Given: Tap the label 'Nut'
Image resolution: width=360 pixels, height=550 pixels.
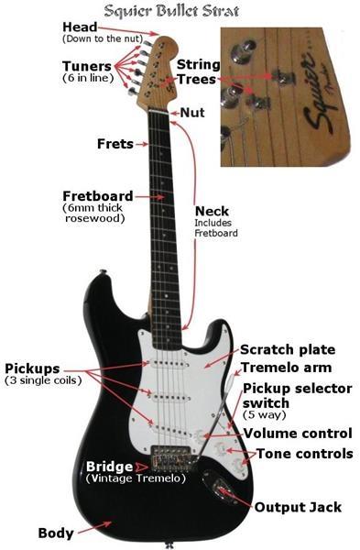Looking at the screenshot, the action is [192, 113].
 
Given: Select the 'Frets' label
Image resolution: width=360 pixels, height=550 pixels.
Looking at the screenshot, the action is [115, 144].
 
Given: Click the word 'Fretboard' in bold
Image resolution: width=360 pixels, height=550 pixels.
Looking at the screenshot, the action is [98, 196].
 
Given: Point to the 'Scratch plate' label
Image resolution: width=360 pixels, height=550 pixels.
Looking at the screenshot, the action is [288, 350].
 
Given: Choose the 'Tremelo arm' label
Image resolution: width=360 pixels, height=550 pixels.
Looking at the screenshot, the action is [286, 368].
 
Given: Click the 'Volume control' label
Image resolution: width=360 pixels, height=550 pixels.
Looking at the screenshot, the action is [298, 434].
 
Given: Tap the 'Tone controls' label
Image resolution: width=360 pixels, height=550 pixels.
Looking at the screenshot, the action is [305, 454].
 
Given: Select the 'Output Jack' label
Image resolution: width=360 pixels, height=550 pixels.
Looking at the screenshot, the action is [298, 507].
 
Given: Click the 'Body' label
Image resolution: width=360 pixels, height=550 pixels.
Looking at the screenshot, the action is [56, 533].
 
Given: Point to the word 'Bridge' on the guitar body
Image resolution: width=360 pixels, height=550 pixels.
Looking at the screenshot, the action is [109, 467].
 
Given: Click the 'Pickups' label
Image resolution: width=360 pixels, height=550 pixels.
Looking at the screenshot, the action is [32, 368].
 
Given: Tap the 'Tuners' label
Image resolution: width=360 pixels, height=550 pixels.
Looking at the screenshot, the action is [87, 66].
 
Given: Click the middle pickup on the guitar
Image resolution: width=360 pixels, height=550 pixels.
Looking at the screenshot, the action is [172, 398].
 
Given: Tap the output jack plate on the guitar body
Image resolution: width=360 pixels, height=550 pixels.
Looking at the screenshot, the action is [220, 488].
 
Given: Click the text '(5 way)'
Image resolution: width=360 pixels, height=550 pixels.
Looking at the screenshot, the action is [265, 415].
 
